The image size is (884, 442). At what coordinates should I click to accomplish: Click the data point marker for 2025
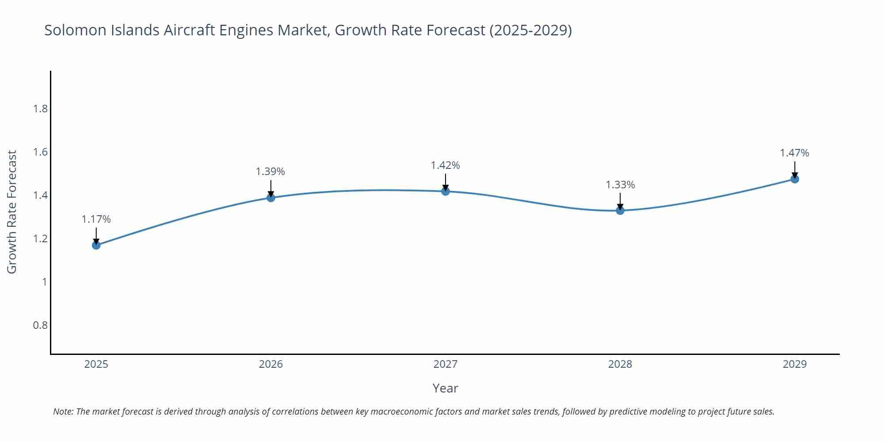96,245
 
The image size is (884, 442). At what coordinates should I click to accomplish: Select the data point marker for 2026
271,198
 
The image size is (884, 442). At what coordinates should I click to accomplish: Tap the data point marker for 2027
446,191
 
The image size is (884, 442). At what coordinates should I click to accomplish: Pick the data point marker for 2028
620,210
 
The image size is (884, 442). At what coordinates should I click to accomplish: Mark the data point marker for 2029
795,179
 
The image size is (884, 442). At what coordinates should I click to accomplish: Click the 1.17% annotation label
96,219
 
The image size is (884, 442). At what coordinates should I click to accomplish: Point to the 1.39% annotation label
271,171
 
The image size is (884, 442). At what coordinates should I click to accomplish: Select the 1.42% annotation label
446,165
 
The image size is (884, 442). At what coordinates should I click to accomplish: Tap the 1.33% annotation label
620,185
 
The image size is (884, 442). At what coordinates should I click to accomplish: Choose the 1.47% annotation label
794,153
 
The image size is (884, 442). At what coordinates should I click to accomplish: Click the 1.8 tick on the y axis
41,109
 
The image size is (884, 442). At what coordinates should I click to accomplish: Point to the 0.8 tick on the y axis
41,325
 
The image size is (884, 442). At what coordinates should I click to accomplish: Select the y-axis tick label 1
44,282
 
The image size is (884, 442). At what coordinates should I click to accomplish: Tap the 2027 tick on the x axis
446,364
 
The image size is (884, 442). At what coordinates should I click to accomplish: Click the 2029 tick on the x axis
795,364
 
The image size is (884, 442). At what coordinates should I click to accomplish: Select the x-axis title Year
446,388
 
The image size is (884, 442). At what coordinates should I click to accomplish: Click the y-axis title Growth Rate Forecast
12,212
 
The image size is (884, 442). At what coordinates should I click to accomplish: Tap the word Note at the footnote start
63,412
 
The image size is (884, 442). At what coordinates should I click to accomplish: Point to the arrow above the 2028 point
620,202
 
